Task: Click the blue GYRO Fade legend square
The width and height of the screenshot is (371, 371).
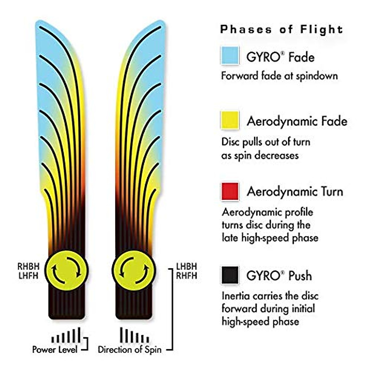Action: [230, 55]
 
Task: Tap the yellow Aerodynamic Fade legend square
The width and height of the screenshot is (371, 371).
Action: [230, 120]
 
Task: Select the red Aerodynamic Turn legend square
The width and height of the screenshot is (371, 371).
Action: [230, 191]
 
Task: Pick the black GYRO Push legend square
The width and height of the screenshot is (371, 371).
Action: [230, 275]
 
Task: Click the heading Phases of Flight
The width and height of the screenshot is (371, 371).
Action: [281, 29]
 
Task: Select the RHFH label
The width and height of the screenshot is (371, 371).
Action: [186, 275]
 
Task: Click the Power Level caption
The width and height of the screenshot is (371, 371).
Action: [54, 350]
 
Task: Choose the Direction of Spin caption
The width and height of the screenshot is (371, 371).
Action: [130, 350]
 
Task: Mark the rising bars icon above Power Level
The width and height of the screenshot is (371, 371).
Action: [66, 336]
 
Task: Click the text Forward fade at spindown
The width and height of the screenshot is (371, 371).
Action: [279, 76]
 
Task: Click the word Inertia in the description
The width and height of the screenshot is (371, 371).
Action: [236, 296]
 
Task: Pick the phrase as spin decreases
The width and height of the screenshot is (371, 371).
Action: [260, 155]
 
